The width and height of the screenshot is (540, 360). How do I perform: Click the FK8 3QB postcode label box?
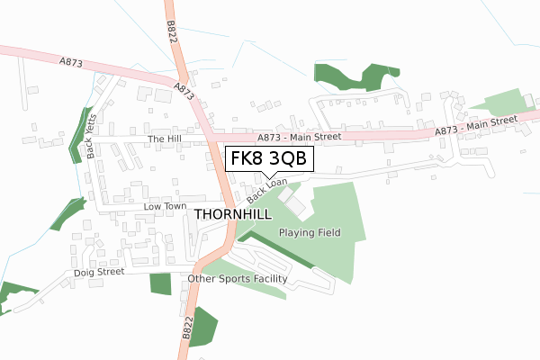click(268, 158)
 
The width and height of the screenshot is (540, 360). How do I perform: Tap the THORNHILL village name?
click(236, 214)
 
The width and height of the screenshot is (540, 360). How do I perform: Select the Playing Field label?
click(310, 232)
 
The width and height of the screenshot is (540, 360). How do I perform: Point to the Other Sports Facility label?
click(238, 279)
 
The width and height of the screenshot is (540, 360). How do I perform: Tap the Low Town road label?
click(164, 207)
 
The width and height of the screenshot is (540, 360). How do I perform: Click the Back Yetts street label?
click(94, 140)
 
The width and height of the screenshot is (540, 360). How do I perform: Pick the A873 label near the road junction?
click(184, 94)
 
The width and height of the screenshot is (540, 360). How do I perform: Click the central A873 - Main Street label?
click(299, 137)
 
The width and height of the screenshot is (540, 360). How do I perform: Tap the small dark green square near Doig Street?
click(159, 283)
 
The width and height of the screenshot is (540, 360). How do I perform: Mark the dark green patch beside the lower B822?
click(204, 326)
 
